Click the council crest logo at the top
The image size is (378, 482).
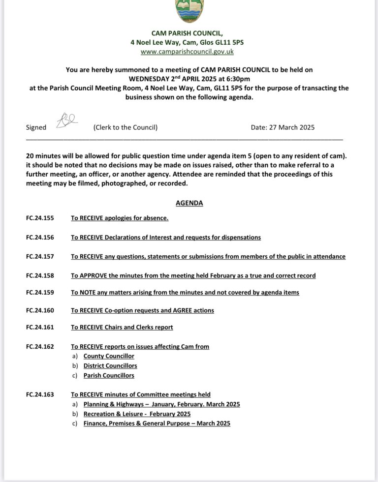coord(189,11)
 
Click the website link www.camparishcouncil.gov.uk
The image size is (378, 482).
coord(187,51)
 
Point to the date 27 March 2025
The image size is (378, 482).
coord(283,127)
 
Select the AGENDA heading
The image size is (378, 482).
coord(189,203)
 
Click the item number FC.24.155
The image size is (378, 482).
coord(40,217)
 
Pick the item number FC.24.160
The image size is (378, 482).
coord(40,310)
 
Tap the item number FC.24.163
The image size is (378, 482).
coord(40,394)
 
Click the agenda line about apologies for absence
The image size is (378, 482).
coord(120,217)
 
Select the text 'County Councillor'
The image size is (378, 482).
coord(109,356)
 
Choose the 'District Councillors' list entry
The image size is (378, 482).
coord(110,365)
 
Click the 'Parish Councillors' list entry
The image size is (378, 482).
coord(109,375)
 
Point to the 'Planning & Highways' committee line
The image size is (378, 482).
coord(161,404)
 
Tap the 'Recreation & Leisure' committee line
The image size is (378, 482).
coord(137,414)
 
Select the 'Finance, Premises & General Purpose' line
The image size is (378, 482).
coord(157,423)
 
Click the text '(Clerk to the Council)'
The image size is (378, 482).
coord(126,127)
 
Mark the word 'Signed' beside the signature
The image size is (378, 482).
coord(36,127)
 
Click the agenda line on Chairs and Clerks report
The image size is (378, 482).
coord(122,327)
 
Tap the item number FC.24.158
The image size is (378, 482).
coord(40,275)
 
